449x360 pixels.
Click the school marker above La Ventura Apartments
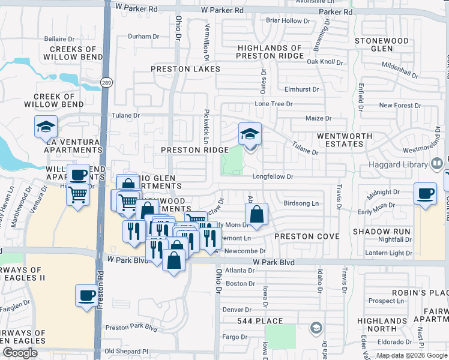click(45, 127)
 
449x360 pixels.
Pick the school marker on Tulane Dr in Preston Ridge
click(250, 134)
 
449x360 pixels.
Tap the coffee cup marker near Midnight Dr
click(426, 194)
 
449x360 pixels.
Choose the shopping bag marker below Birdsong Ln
click(256, 214)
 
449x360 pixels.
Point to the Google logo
click(20, 353)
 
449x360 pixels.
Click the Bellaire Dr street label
click(59, 38)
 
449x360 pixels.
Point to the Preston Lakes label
click(181, 69)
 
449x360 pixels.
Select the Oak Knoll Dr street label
click(324, 62)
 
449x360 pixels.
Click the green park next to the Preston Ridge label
click(232, 160)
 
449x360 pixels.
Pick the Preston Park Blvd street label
click(131, 328)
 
